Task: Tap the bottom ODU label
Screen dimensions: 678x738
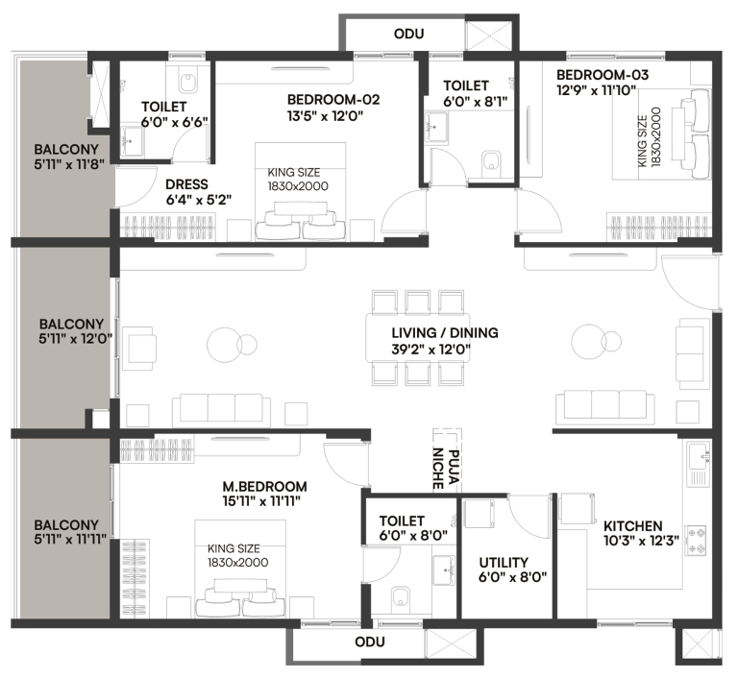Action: (369, 642)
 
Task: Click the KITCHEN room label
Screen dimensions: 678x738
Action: (632, 526)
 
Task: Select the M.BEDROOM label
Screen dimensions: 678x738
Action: (264, 486)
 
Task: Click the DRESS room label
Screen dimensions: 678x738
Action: (186, 185)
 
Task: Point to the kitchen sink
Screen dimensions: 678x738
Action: (698, 451)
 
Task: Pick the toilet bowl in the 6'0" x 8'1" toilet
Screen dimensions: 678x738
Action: (491, 159)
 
